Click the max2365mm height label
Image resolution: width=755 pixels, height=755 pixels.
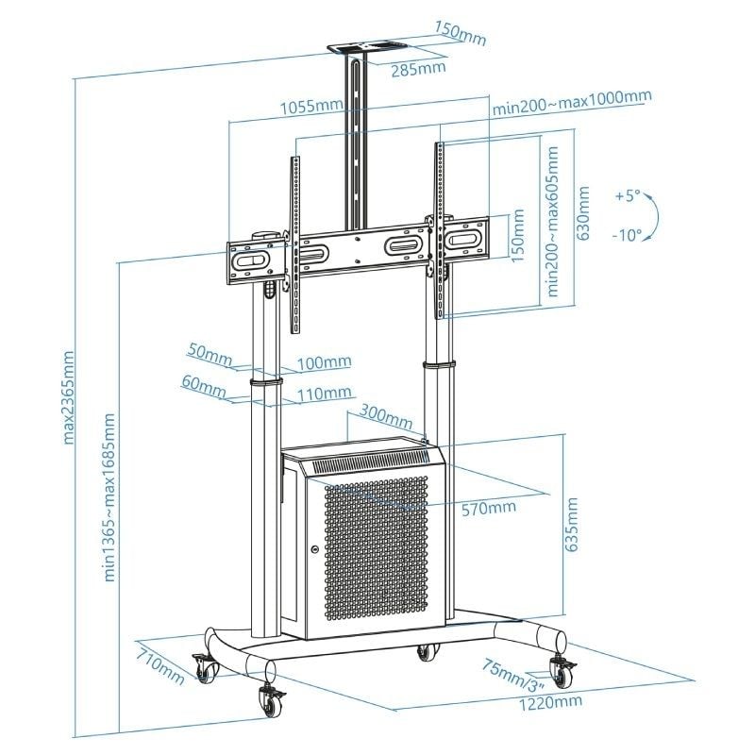tap(68, 398)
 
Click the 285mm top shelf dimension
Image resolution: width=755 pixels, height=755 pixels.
tap(420, 68)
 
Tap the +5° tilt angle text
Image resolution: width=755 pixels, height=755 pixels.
tap(627, 196)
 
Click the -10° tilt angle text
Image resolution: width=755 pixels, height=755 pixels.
tap(627, 234)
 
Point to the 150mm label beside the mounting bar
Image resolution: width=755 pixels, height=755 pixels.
tap(517, 242)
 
